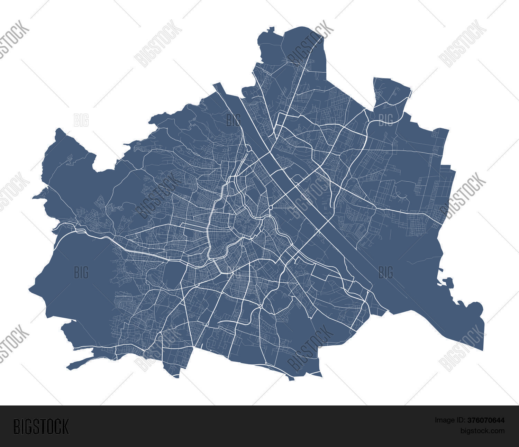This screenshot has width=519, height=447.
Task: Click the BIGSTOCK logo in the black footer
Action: pyautogui.click(x=41, y=426)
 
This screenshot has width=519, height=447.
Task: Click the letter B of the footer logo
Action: pyautogui.click(x=16, y=426)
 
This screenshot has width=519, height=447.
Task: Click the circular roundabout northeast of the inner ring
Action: pyautogui.click(x=271, y=207)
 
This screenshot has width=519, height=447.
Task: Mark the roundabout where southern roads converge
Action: pyautogui.click(x=260, y=307)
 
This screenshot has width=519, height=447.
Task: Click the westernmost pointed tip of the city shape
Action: pyautogui.click(x=30, y=288)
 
